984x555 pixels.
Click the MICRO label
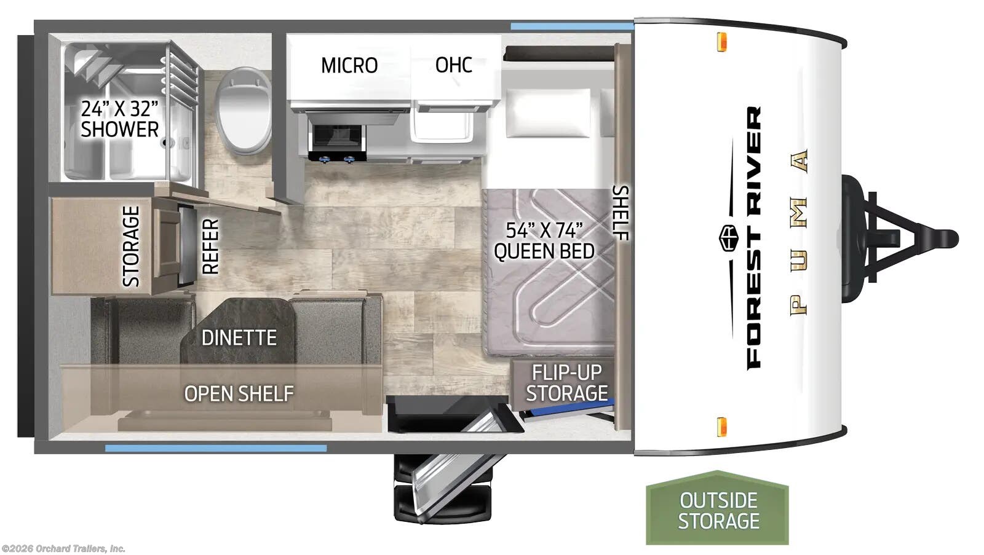(x=349, y=65)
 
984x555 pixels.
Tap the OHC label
(x=454, y=65)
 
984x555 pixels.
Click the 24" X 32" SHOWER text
(x=120, y=119)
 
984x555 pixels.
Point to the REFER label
(x=210, y=246)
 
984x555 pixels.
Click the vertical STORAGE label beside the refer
(x=131, y=246)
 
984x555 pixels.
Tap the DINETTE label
(x=239, y=337)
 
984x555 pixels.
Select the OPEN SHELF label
(x=239, y=393)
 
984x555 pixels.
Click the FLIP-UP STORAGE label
(x=566, y=382)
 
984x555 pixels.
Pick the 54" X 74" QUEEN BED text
(x=544, y=240)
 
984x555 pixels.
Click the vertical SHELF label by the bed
(x=621, y=213)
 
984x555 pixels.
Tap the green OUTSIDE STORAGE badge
(x=718, y=510)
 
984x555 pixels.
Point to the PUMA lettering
(x=799, y=233)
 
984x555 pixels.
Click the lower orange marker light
(x=723, y=426)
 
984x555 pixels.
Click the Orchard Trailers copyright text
(x=63, y=548)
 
